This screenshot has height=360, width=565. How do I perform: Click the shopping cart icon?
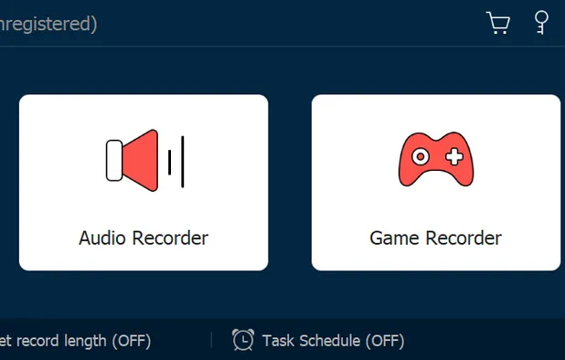click(498, 23)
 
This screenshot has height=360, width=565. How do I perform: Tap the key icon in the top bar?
click(541, 22)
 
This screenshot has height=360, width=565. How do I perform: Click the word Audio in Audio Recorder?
click(102, 238)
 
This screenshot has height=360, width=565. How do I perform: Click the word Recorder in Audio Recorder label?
click(170, 238)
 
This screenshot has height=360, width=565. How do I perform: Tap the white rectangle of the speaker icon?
click(114, 161)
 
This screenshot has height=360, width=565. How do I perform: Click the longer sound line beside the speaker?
click(183, 162)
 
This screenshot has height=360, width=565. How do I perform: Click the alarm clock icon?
click(243, 340)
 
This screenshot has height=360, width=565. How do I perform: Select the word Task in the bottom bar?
click(278, 341)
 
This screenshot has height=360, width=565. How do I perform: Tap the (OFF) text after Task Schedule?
click(385, 341)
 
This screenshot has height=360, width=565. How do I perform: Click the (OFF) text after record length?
click(132, 341)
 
